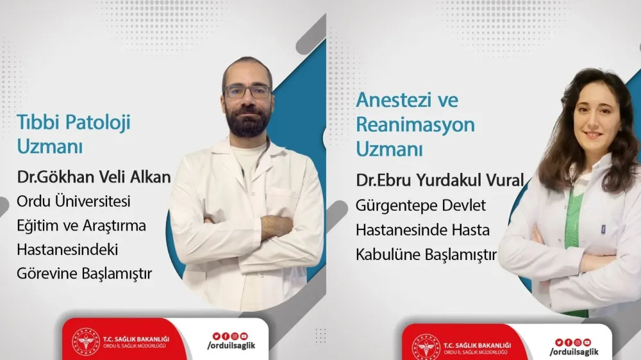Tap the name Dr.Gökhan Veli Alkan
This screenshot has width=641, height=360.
click(x=94, y=177)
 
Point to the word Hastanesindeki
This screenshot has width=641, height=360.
click(x=67, y=250)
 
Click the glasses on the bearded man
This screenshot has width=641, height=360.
click(x=247, y=92)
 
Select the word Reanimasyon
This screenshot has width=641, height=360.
click(x=415, y=124)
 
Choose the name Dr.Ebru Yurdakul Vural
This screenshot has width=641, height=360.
click(x=440, y=180)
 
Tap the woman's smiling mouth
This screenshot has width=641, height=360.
click(x=593, y=135)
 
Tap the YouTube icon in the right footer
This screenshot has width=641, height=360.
click(x=587, y=342)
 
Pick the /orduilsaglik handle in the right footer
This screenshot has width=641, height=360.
click(x=574, y=352)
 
